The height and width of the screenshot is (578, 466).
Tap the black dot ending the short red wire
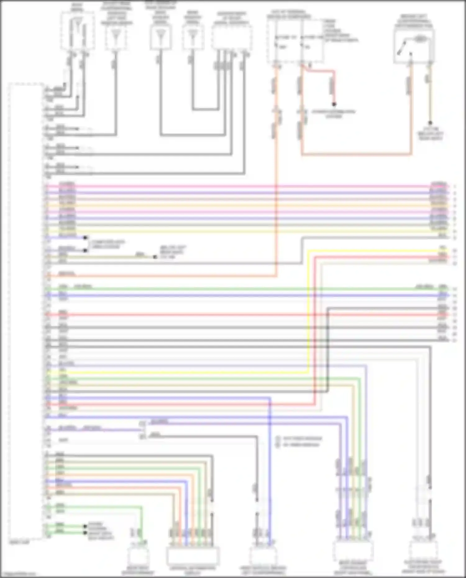point(334,104)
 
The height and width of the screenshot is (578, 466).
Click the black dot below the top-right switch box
point(430,123)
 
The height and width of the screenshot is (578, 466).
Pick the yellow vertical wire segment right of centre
point(308,311)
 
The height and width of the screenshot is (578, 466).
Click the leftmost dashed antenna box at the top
point(78,31)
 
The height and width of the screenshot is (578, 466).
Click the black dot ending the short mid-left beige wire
point(155,257)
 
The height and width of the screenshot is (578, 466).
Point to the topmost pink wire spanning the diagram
point(249,186)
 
